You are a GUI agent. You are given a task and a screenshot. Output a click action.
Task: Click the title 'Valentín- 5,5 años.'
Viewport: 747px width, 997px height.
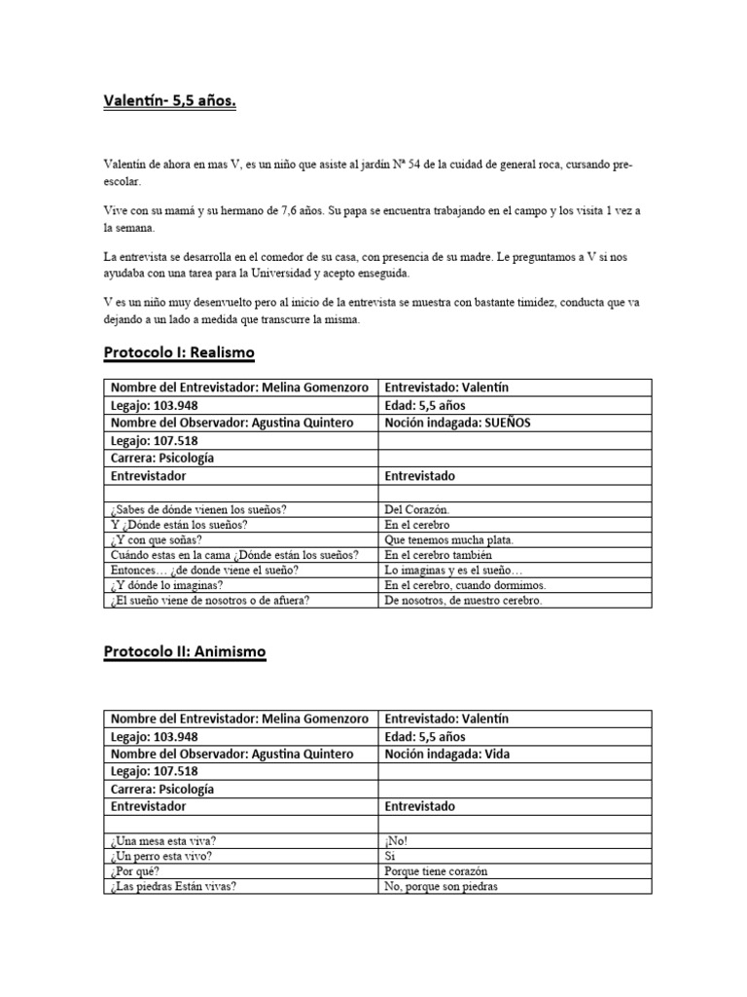[169, 100]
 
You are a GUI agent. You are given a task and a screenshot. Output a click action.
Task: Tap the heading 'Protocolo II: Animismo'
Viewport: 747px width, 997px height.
[184, 651]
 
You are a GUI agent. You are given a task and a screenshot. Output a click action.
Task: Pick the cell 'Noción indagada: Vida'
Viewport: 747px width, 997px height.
[447, 754]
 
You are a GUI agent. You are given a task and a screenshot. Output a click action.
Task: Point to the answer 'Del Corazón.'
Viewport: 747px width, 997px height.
[417, 509]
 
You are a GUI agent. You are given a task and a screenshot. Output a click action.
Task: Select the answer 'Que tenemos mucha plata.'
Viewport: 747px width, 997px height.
[449, 539]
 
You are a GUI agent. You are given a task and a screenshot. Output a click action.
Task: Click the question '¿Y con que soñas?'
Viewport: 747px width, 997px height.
[157, 539]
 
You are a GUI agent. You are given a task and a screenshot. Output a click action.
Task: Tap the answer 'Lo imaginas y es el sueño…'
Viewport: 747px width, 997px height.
[453, 570]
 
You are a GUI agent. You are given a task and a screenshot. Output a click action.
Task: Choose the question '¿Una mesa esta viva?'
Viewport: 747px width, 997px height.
[164, 840]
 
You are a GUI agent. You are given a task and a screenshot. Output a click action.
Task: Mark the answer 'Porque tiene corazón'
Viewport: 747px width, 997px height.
[436, 871]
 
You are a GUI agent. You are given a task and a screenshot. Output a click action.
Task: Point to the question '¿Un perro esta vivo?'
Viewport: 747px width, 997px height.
[163, 856]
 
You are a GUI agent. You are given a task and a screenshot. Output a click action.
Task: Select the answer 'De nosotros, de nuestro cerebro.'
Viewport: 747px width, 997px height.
[463, 600]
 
